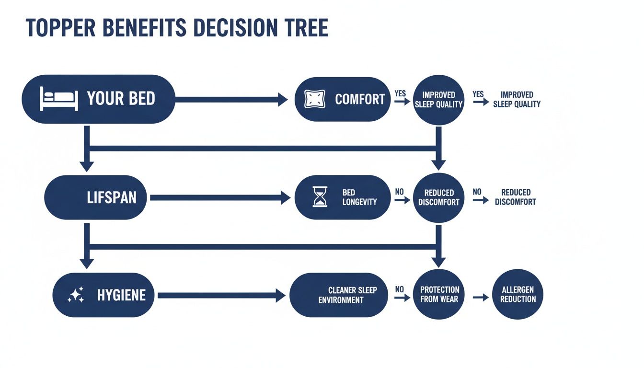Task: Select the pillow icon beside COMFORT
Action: (x=315, y=99)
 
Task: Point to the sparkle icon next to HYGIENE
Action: (x=76, y=295)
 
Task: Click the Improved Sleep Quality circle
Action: (x=438, y=100)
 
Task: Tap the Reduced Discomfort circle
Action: (x=438, y=197)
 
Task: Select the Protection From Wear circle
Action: (x=439, y=295)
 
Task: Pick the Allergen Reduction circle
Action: (x=517, y=294)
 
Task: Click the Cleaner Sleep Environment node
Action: (x=339, y=295)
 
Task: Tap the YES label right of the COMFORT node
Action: (x=400, y=93)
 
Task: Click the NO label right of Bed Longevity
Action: (x=399, y=192)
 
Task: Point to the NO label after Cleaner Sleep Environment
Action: (x=399, y=289)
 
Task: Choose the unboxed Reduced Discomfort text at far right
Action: (x=515, y=197)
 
